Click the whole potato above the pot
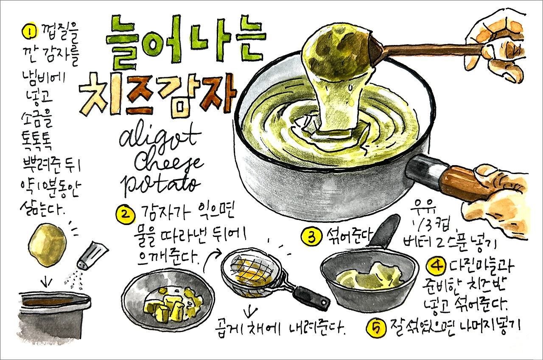[46, 245]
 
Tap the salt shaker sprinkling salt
[91, 256]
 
